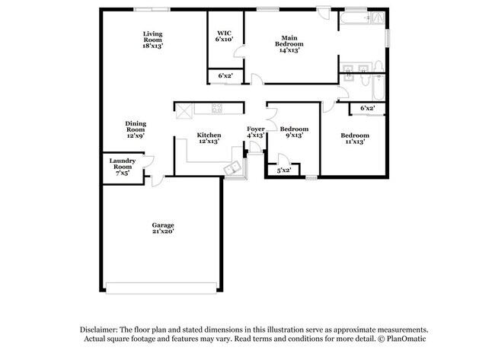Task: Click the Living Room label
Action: [153, 40]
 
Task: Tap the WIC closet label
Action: [224, 36]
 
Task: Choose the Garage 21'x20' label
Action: [163, 228]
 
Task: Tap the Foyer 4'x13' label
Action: [256, 132]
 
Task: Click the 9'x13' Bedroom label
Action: [294, 132]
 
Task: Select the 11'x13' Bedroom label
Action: [354, 139]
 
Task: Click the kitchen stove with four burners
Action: [216, 108]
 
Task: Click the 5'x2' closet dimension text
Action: [283, 170]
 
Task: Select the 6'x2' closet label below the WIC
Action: [225, 76]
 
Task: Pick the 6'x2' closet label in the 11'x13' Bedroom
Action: [367, 108]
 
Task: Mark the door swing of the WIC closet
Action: [239, 52]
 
